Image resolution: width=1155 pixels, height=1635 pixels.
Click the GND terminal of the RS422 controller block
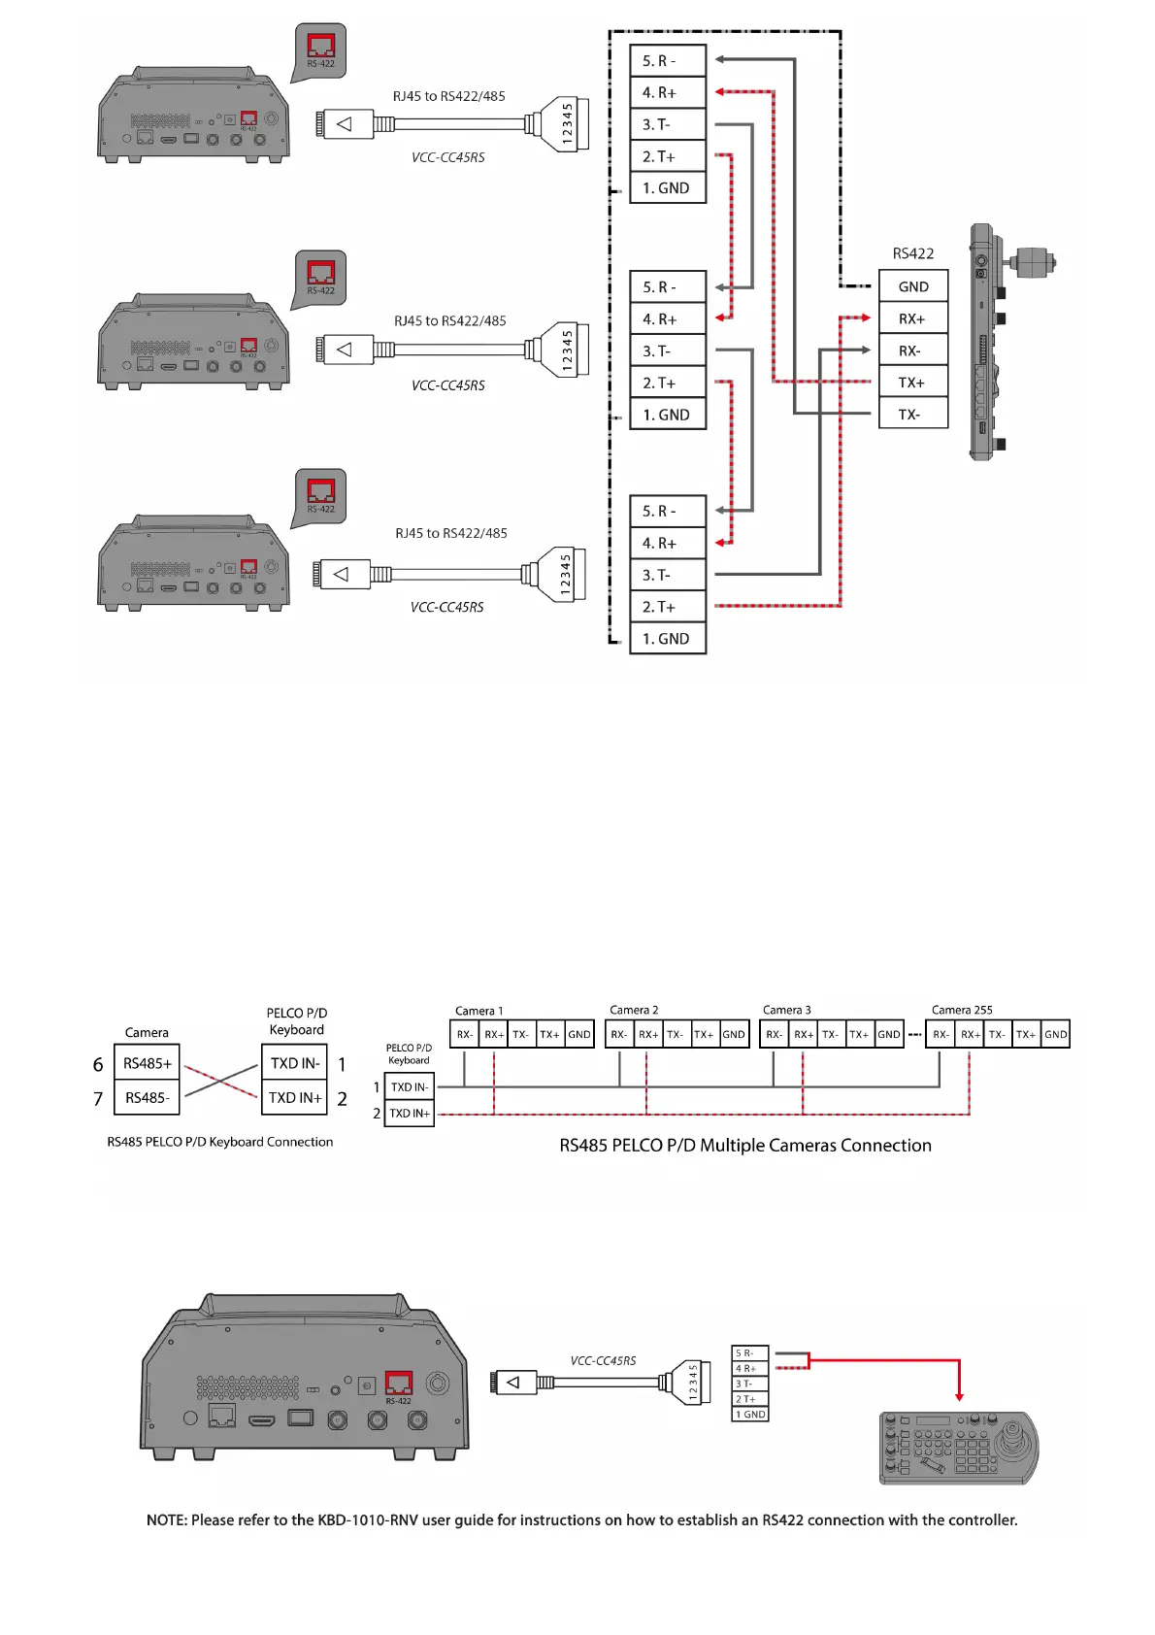[x=912, y=286]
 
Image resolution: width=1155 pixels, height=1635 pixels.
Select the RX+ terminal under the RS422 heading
[x=912, y=318]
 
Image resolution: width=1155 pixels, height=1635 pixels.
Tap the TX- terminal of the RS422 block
[x=912, y=415]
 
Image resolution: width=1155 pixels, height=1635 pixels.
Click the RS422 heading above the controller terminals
[x=912, y=253]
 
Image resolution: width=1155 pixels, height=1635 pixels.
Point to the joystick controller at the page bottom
[x=958, y=1448]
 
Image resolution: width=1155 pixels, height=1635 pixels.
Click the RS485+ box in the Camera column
[x=147, y=1063]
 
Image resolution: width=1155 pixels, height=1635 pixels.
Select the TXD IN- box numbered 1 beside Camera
[x=294, y=1063]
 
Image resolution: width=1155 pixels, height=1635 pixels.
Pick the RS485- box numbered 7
[x=147, y=1098]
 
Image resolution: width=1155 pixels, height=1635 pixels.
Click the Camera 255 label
[x=961, y=1010]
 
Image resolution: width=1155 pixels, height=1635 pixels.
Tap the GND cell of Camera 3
[x=888, y=1035]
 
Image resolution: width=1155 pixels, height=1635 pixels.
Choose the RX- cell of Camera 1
[x=465, y=1035]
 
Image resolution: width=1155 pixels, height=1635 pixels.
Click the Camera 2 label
[x=634, y=1010]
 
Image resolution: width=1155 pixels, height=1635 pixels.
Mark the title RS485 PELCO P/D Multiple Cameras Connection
[x=744, y=1146]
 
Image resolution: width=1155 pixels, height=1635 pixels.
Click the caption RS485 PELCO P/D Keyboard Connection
[x=219, y=1142]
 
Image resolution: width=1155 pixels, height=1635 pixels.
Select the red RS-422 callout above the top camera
[x=320, y=48]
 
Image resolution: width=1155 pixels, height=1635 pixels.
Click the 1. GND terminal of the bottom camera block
[x=667, y=639]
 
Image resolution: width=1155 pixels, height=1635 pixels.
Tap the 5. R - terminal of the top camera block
[x=667, y=61]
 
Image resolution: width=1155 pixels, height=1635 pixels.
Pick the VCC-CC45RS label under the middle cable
[x=447, y=385]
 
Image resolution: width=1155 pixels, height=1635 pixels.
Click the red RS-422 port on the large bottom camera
[x=398, y=1383]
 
